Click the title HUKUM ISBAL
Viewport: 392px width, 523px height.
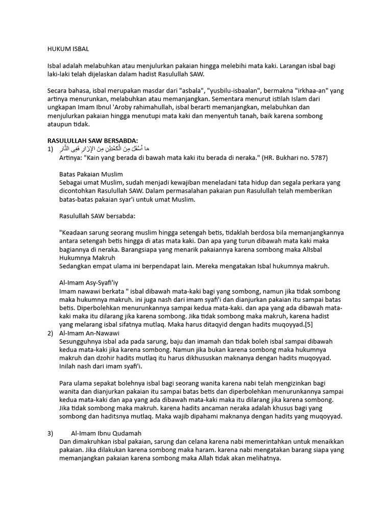pyautogui.click(x=68, y=49)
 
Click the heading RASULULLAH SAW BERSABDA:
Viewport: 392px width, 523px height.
pyautogui.click(x=92, y=140)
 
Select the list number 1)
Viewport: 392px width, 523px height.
pyautogui.click(x=50, y=149)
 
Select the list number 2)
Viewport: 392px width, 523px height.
pyautogui.click(x=50, y=333)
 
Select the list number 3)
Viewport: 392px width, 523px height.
pyautogui.click(x=50, y=433)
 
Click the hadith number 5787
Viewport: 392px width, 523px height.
pyautogui.click(x=315, y=158)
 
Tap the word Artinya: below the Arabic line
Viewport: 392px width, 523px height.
pyautogui.click(x=72, y=158)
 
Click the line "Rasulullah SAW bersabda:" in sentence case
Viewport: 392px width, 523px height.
pyautogui.click(x=97, y=216)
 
